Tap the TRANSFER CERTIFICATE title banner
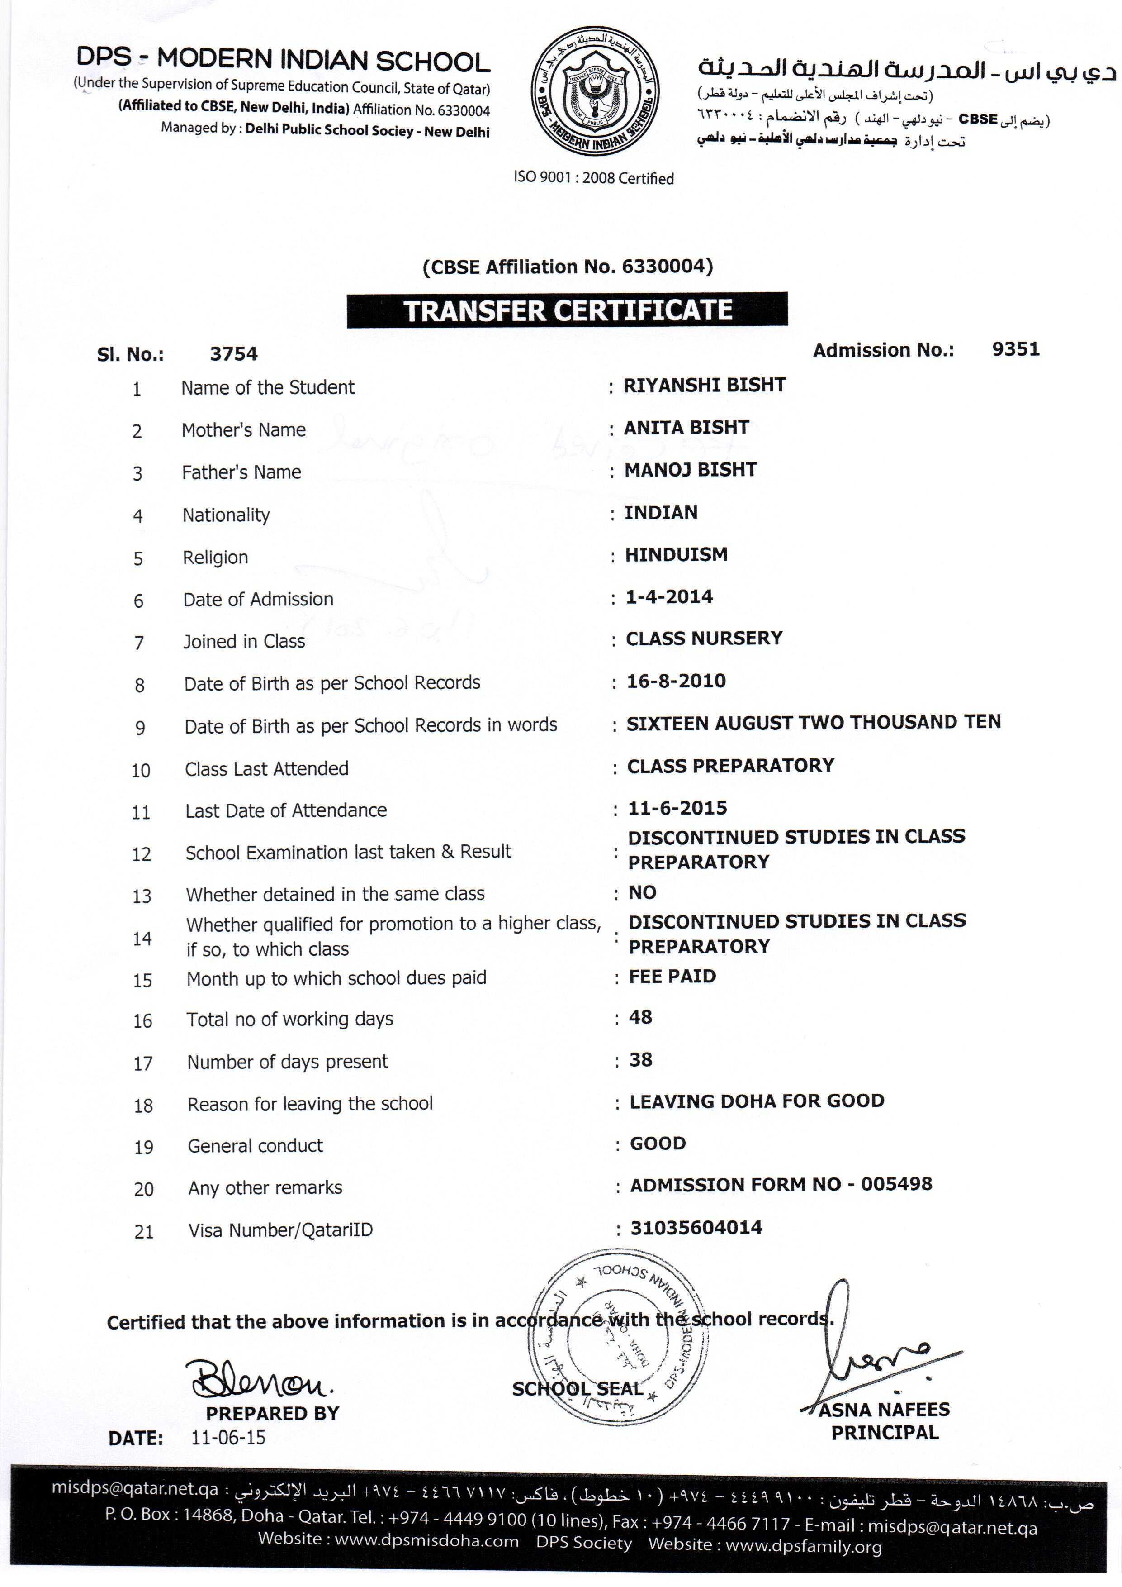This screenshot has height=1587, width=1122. tap(567, 310)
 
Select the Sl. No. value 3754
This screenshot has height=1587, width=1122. tap(233, 354)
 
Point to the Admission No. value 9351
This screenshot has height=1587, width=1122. tap(1016, 349)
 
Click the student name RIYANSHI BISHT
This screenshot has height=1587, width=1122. tap(704, 385)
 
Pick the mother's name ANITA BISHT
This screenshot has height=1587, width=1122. tap(686, 428)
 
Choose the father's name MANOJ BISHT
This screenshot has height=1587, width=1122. tap(690, 470)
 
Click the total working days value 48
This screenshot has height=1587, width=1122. tap(640, 1017)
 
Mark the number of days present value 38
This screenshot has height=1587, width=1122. tap(640, 1060)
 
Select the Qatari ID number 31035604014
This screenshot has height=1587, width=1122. tap(696, 1228)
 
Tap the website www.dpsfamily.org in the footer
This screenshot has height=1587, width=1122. tap(804, 1546)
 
